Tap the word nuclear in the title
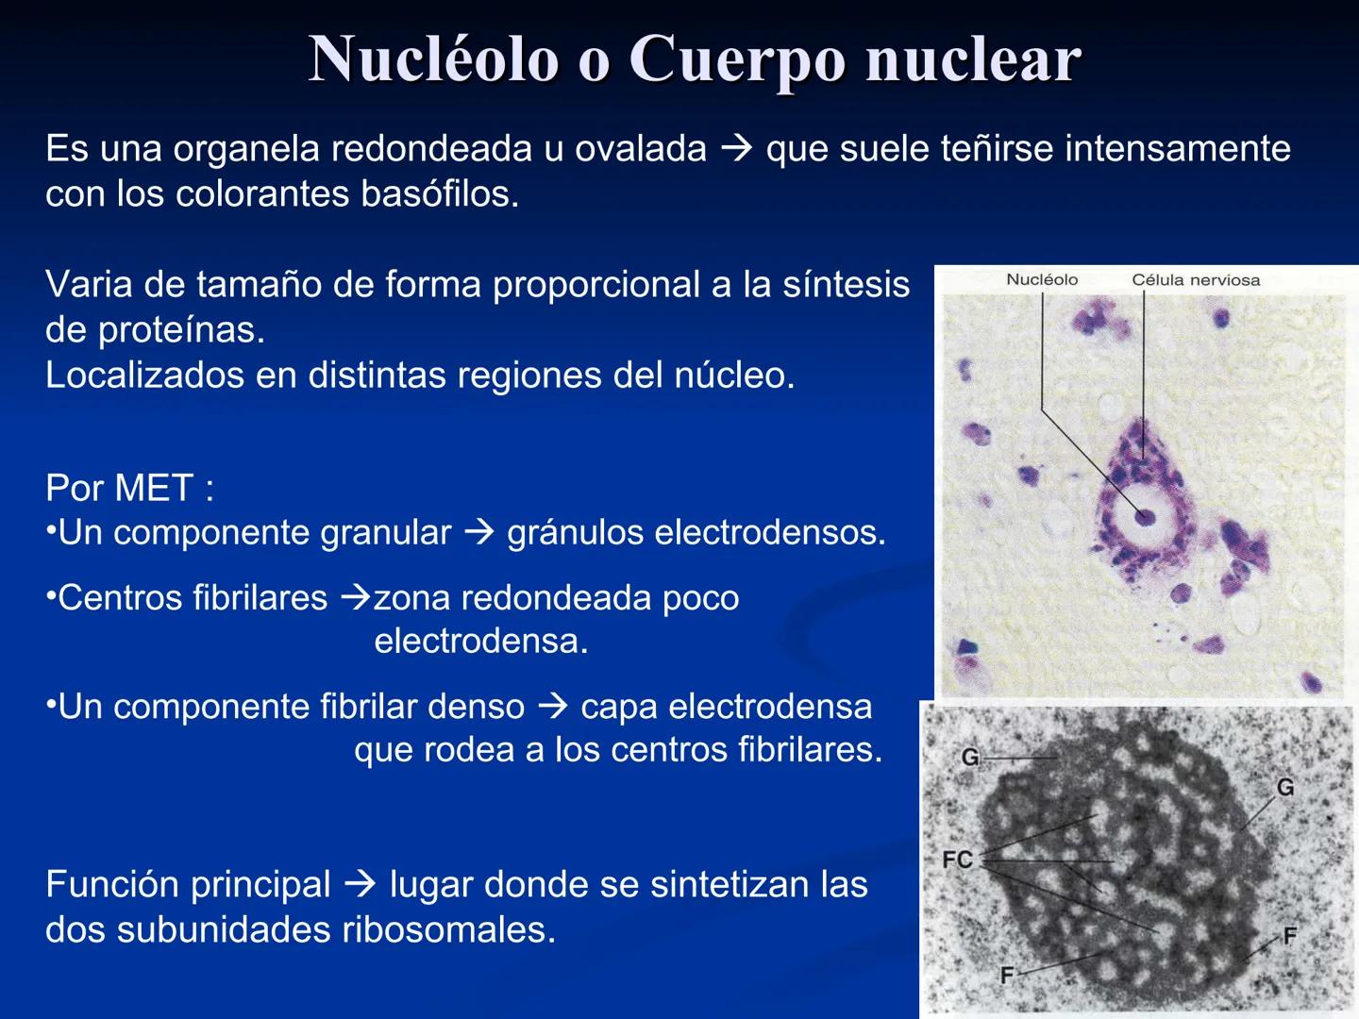point(973,60)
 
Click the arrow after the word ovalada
point(736,148)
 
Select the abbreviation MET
point(156,489)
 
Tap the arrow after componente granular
point(479,533)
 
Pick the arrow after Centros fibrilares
point(356,598)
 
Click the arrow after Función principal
point(361,885)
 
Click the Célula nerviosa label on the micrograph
point(1196,280)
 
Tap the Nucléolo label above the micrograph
point(1042,279)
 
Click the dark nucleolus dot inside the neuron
point(1145,516)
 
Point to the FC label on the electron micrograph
point(957,860)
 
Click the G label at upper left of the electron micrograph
point(970,757)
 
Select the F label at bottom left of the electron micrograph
point(1007,975)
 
